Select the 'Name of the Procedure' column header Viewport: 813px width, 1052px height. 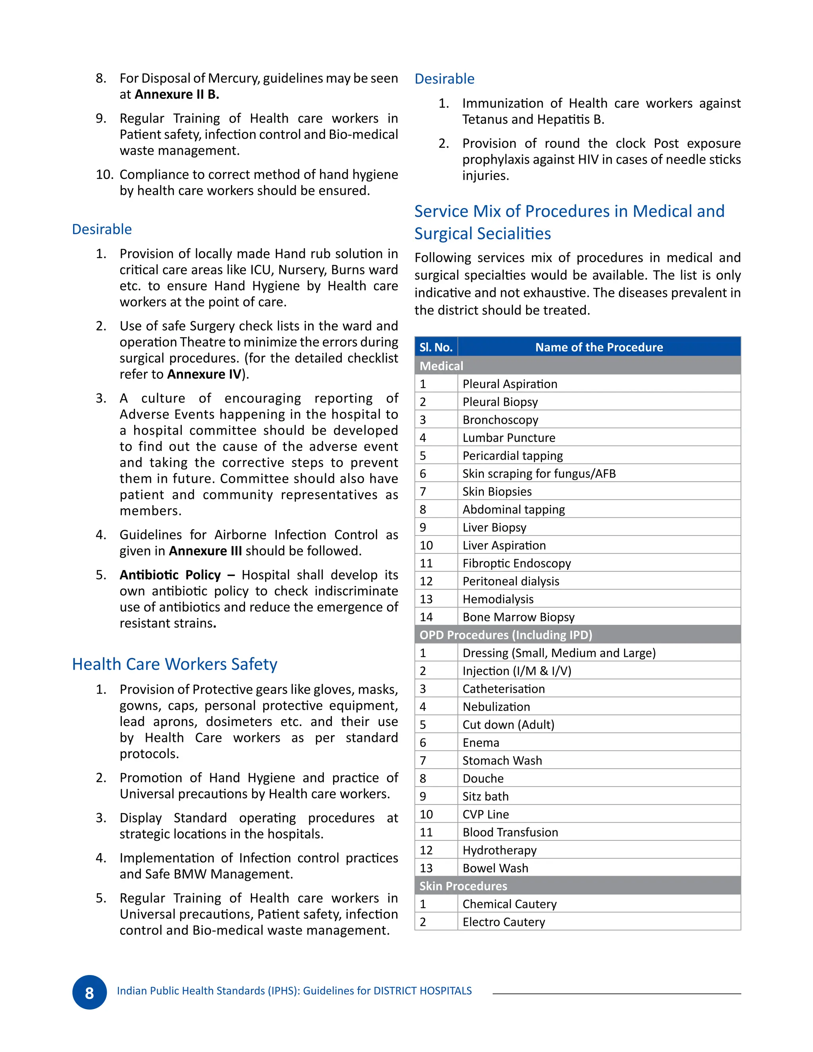[x=599, y=347]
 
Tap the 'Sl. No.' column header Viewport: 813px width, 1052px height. [x=435, y=347]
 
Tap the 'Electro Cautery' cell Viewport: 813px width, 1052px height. [x=503, y=922]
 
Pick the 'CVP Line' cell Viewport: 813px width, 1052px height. [x=485, y=814]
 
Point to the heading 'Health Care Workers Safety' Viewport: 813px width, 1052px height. [x=174, y=664]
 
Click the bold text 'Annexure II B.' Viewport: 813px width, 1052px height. [x=177, y=94]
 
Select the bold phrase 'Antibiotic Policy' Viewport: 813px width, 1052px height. [x=170, y=575]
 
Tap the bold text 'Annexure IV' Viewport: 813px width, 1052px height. [x=204, y=374]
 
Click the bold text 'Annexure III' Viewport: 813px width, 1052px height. [x=205, y=551]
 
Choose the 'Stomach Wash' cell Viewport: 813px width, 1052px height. [x=502, y=760]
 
